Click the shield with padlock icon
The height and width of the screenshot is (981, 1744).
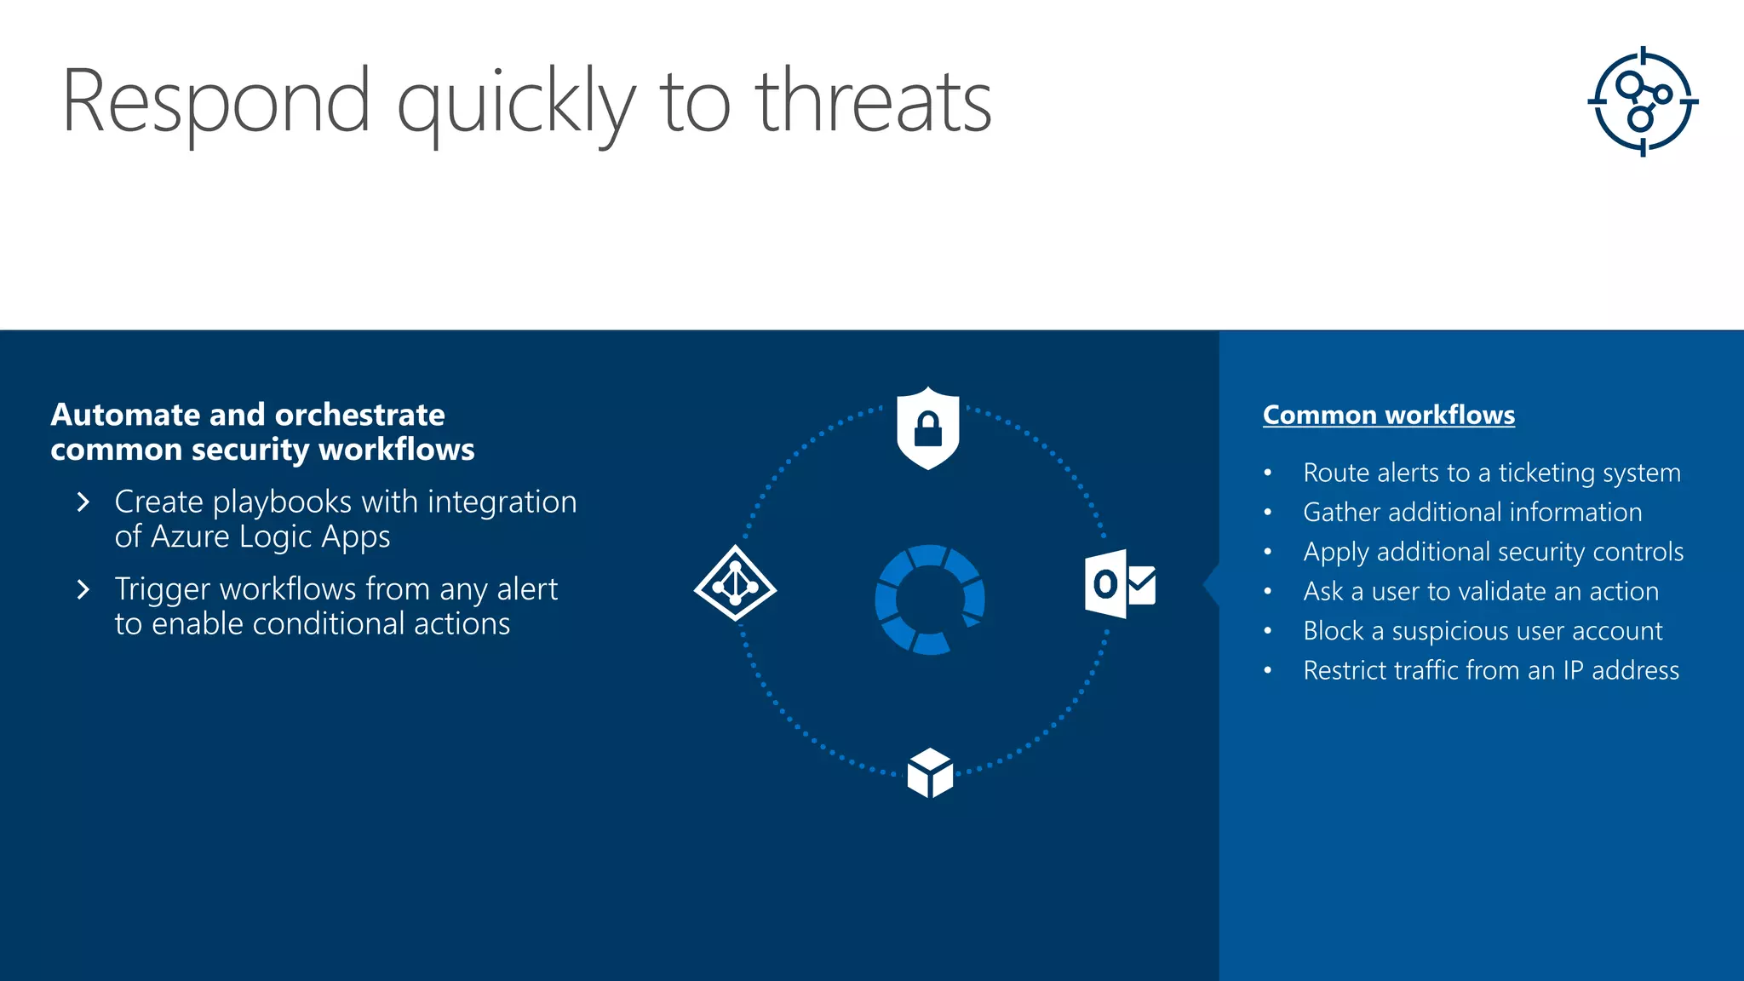[928, 427]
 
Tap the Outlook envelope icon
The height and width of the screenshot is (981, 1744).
[1121, 584]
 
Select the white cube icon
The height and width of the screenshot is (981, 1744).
[930, 773]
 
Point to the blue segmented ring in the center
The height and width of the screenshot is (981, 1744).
[930, 599]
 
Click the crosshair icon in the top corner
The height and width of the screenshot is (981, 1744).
[1643, 101]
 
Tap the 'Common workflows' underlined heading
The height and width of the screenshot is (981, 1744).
[1389, 415]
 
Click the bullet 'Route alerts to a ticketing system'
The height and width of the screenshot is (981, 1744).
[1492, 473]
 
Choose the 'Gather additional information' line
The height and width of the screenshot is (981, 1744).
[1472, 512]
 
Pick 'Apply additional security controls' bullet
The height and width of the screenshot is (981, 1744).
[1493, 552]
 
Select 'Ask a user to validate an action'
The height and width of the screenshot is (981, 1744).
[1481, 591]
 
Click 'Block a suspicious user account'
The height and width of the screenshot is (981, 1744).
[1483, 631]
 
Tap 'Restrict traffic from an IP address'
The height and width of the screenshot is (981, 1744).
[1491, 670]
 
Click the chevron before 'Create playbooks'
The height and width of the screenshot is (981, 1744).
[83, 502]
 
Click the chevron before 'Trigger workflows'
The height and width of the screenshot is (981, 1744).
[83, 589]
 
